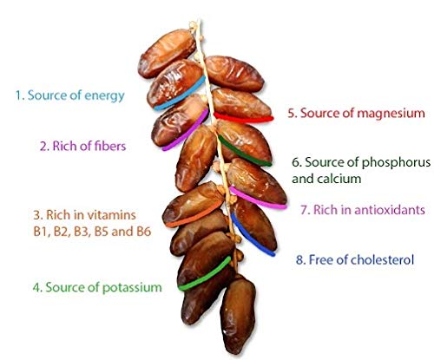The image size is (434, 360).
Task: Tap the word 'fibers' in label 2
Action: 109,146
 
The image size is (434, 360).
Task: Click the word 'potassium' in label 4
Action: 132,288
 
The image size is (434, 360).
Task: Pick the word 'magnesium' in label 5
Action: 391,114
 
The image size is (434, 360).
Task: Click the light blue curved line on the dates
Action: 180,94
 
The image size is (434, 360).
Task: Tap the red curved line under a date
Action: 243,117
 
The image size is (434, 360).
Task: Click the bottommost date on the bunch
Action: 238,315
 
